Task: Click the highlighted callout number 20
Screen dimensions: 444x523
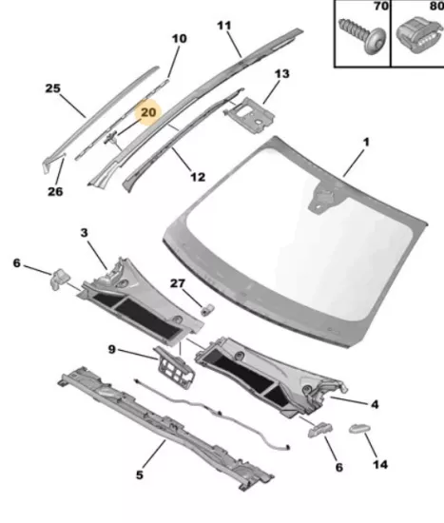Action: pos(148,112)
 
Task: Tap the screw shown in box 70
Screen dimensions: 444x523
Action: pos(362,35)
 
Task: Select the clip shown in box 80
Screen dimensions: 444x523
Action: pos(419,35)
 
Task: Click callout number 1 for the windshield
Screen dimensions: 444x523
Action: pos(366,142)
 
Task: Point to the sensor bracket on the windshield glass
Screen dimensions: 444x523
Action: pos(320,198)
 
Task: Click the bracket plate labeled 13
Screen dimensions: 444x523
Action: pos(249,115)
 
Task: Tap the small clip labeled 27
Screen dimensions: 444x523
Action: pos(207,310)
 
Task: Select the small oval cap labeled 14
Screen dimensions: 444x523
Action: pos(360,428)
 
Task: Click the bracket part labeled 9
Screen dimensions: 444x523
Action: pos(174,368)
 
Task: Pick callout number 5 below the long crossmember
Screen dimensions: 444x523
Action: pos(140,475)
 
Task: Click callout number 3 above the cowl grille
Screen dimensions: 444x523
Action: pos(84,232)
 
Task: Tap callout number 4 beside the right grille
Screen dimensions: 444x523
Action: pos(375,404)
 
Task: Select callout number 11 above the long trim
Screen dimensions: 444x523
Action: pos(224,25)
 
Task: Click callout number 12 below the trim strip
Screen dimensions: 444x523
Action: pos(198,177)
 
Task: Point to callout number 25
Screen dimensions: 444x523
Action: pos(52,88)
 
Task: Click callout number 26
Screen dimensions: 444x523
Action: pos(55,191)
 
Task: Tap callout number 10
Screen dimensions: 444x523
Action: pos(179,38)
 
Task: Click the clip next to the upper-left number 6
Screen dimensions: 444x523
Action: pos(60,279)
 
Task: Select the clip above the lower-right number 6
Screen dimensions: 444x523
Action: pos(319,430)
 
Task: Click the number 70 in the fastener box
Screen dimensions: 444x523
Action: pos(381,6)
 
